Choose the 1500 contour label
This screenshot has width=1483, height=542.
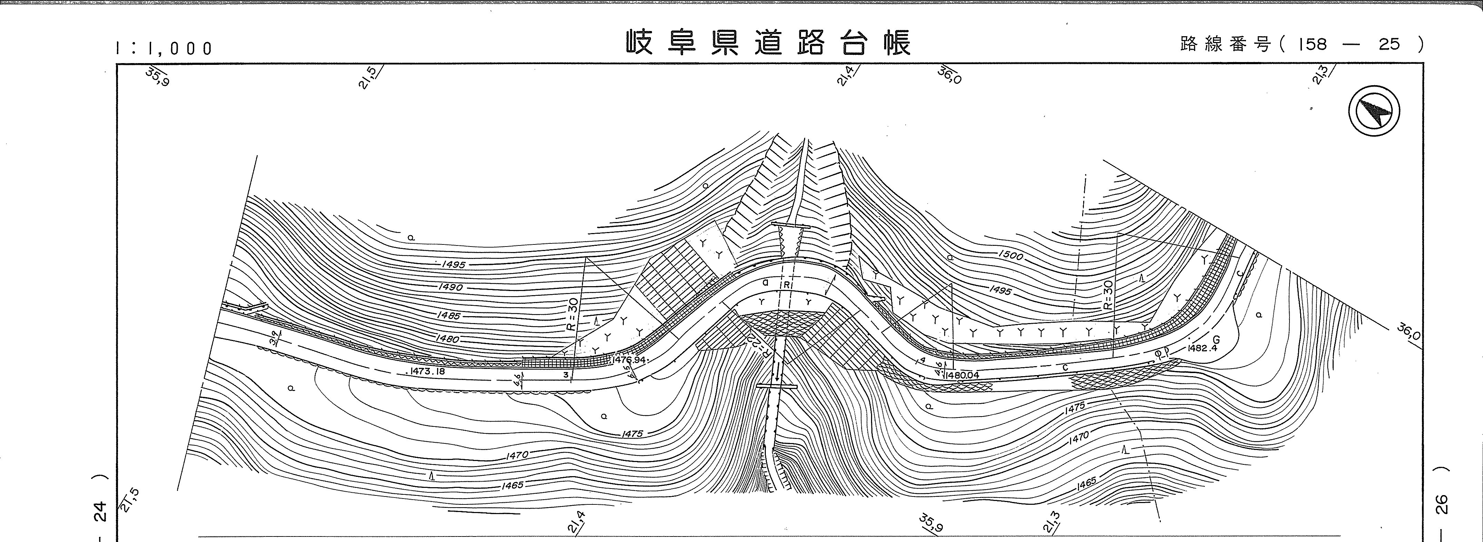point(1010,255)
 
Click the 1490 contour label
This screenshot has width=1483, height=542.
point(450,287)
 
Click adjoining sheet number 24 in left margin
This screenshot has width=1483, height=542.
point(100,510)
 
